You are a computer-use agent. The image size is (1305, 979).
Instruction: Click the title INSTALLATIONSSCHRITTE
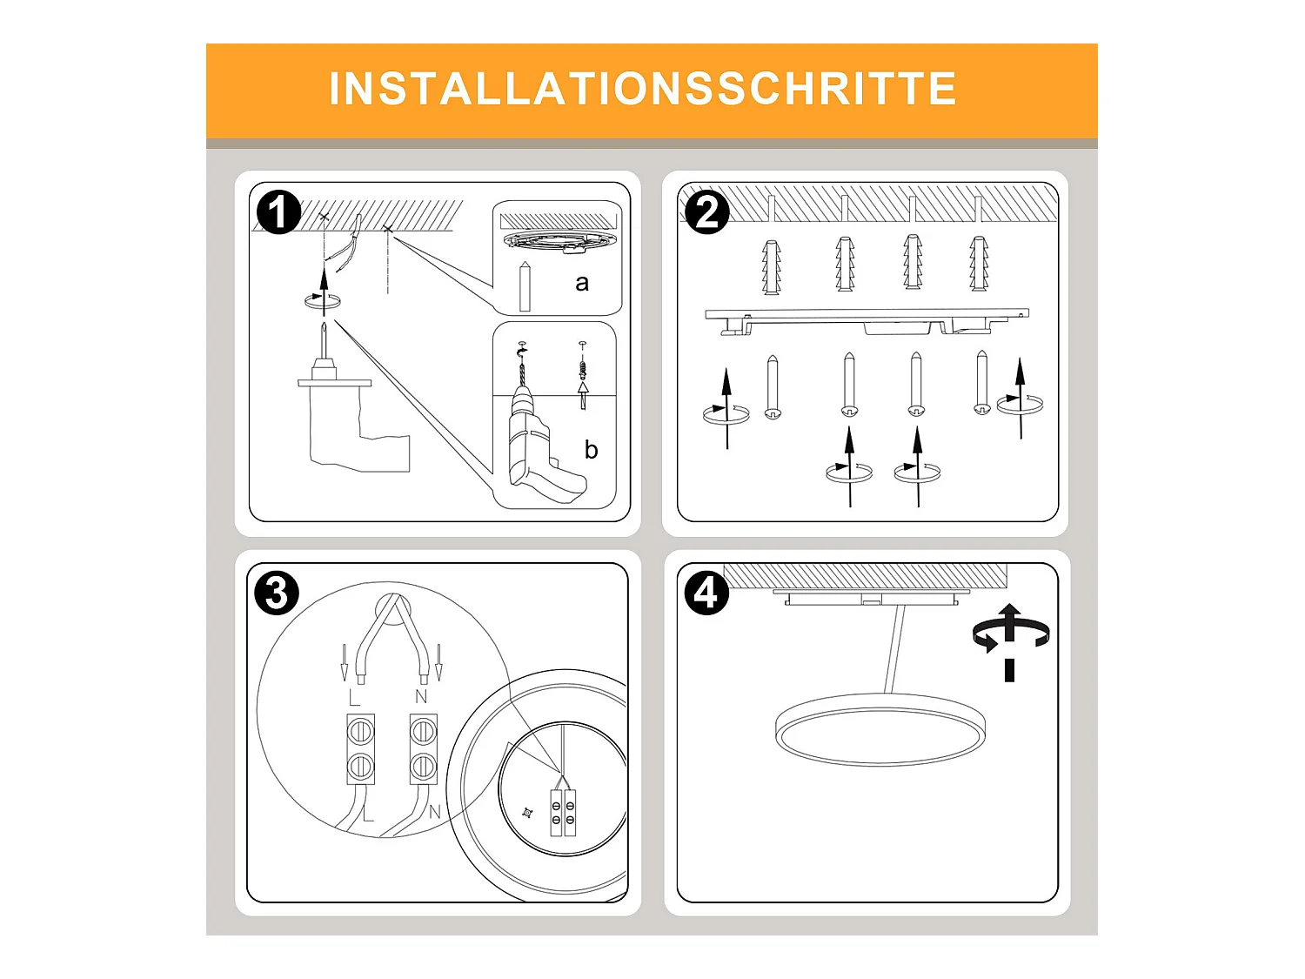tap(643, 89)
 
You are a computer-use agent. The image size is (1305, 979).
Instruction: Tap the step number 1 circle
tap(278, 212)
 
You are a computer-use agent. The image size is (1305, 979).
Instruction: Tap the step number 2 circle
tap(706, 212)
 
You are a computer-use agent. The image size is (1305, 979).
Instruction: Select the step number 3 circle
tap(277, 593)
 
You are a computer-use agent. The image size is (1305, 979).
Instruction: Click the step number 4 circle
tap(706, 593)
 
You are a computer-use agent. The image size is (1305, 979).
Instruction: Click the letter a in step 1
tap(582, 283)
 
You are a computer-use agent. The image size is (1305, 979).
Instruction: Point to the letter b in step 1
tap(591, 450)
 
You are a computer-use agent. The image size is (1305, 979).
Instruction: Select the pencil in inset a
tap(525, 285)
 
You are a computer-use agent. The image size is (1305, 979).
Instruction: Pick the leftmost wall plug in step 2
tap(772, 265)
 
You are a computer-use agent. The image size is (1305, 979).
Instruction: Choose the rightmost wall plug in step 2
tap(979, 263)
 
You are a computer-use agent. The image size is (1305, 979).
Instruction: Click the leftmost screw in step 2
tap(773, 387)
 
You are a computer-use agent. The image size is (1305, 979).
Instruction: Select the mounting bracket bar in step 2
tap(867, 316)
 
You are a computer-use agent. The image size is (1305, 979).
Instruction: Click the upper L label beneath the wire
tap(354, 698)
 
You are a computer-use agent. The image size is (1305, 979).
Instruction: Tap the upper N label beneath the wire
tap(421, 697)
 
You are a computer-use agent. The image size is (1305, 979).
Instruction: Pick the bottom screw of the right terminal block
tap(423, 767)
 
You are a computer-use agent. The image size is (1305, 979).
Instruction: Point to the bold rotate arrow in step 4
tap(1010, 635)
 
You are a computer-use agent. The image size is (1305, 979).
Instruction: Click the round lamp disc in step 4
tap(880, 730)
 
